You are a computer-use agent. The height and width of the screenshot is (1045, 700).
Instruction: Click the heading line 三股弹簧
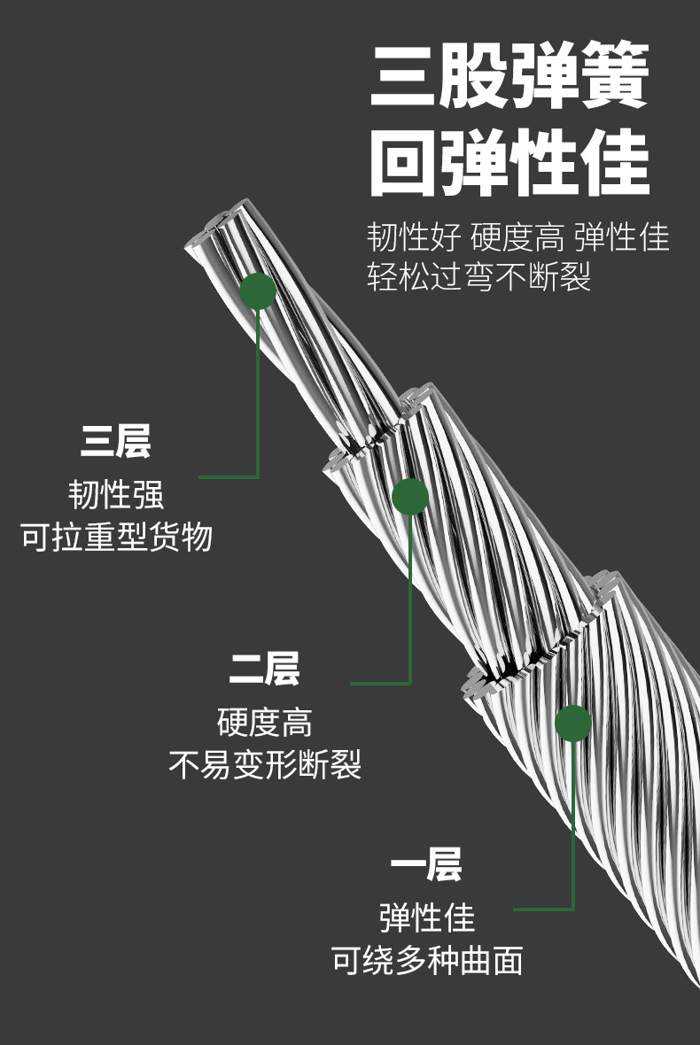pyautogui.click(x=509, y=77)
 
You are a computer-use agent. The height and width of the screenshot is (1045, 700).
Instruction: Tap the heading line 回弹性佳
pyautogui.click(x=509, y=165)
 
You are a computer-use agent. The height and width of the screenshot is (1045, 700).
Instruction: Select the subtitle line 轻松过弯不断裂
pyautogui.click(x=479, y=277)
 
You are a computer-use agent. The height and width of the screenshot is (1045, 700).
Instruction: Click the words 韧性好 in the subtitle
pyautogui.click(x=414, y=238)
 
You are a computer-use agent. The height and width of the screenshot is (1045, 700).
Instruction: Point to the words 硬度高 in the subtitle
pyautogui.click(x=517, y=238)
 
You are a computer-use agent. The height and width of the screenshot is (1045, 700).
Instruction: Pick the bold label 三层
pyautogui.click(x=115, y=441)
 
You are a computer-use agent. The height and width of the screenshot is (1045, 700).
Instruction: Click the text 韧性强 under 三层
pyautogui.click(x=115, y=494)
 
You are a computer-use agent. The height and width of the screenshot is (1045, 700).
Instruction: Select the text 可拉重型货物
pyautogui.click(x=116, y=537)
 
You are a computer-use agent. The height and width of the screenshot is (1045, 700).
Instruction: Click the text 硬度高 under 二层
pyautogui.click(x=264, y=722)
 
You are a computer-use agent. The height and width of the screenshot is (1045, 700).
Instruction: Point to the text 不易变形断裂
pyautogui.click(x=264, y=763)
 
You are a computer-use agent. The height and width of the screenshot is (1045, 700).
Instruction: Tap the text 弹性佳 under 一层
pyautogui.click(x=426, y=917)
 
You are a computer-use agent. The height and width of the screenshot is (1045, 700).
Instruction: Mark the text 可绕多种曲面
pyautogui.click(x=426, y=960)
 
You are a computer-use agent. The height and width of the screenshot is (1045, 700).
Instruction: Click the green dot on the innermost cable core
pyautogui.click(x=258, y=291)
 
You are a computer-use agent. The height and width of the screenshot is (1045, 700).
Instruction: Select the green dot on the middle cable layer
pyautogui.click(x=410, y=497)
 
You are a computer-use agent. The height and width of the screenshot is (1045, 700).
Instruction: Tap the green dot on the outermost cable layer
pyautogui.click(x=573, y=724)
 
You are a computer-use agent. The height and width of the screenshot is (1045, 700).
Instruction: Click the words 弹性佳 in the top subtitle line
pyautogui.click(x=621, y=238)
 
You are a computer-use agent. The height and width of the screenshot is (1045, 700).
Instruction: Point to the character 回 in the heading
pyautogui.click(x=403, y=165)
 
